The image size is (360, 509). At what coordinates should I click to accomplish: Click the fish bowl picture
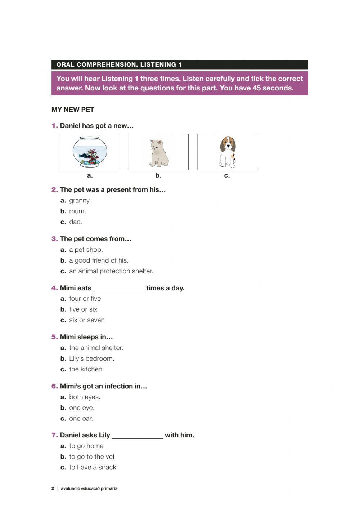[90, 152]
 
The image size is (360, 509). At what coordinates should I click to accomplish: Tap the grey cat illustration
[158, 153]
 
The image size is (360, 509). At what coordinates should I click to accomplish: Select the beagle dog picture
[227, 152]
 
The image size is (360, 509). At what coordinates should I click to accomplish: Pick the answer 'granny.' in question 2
[80, 201]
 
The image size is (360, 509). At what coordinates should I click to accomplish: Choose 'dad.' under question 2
[76, 222]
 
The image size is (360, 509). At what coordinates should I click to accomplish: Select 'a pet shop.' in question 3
[86, 250]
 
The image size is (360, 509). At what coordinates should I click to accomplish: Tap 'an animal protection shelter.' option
[111, 271]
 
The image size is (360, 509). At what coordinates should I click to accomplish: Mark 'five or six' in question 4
[83, 309]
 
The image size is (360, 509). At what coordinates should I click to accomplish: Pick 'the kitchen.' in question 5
[86, 369]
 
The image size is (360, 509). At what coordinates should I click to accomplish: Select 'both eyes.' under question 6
[85, 397]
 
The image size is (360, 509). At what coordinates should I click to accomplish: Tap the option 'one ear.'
[81, 419]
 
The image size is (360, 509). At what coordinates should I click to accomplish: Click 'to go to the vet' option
[92, 457]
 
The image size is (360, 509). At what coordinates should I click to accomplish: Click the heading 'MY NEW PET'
[73, 110]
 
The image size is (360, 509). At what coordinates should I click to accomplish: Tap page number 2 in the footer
[53, 488]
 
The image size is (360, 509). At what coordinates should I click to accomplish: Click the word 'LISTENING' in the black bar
[158, 65]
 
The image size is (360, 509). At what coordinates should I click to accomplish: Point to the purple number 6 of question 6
[54, 386]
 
